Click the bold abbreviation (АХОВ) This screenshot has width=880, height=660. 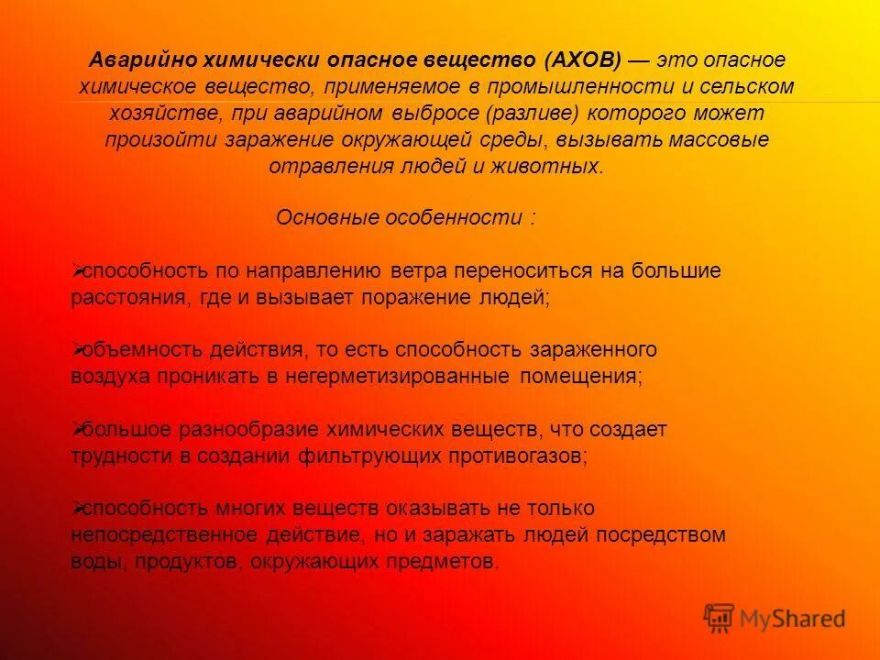tap(583, 60)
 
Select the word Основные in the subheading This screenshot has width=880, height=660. tap(324, 219)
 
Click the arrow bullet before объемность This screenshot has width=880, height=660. tap(77, 349)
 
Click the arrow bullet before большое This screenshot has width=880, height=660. tap(77, 428)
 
